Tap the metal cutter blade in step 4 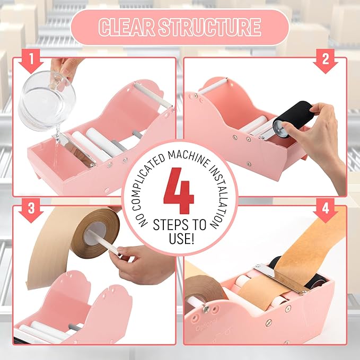[276, 278]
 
